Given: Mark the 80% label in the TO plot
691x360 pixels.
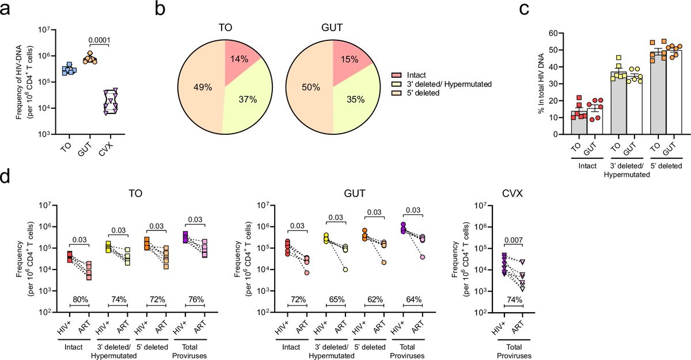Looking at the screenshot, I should [79, 300].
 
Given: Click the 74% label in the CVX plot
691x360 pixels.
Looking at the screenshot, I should [512, 300].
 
